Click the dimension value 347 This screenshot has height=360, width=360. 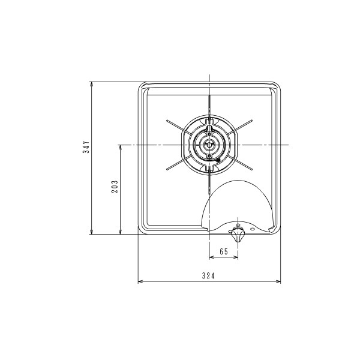(86, 147)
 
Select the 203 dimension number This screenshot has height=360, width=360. (115, 187)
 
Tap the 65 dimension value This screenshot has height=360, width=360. (224, 251)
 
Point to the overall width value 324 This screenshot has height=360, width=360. (208, 275)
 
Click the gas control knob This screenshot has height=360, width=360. (238, 235)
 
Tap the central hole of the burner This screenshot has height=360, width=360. (209, 145)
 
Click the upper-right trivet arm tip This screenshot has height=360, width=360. (251, 121)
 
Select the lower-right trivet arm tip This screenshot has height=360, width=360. (251, 169)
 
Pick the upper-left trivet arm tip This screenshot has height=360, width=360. (167, 121)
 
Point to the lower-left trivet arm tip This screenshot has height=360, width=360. (167, 169)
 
